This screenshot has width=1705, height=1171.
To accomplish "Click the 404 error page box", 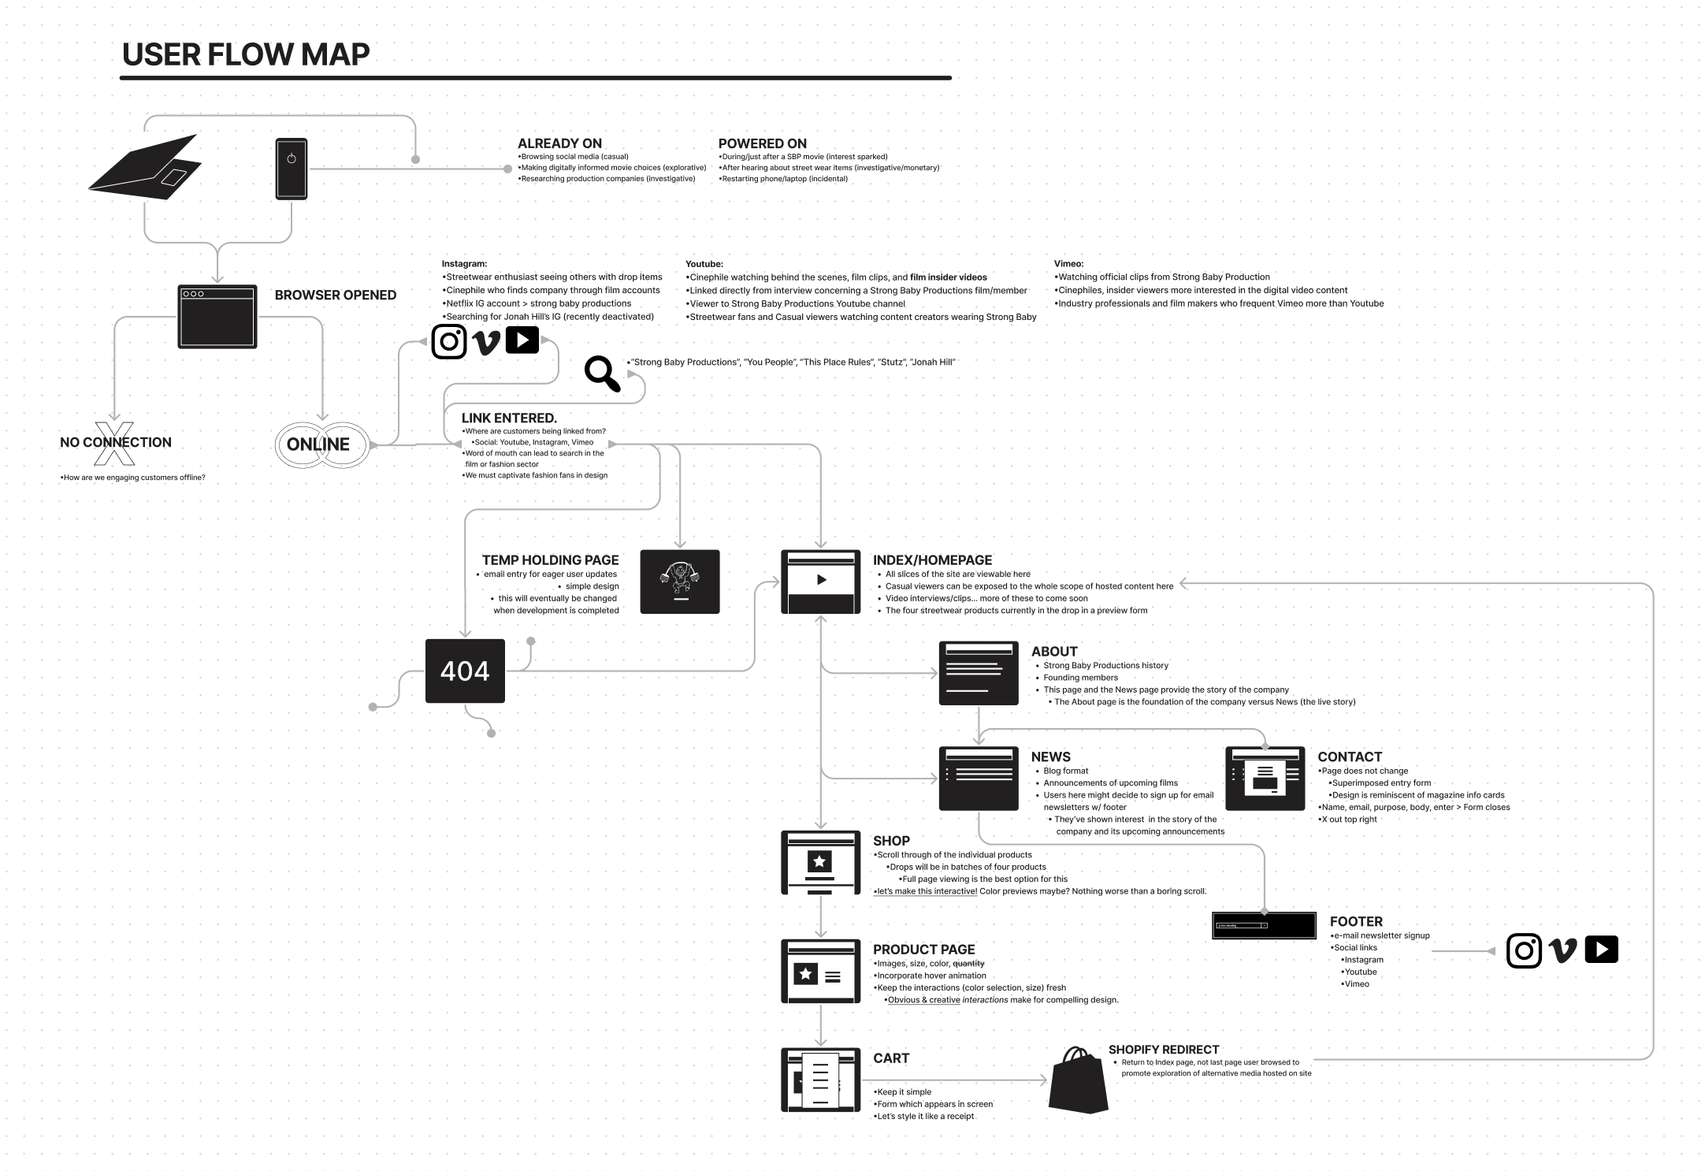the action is click(465, 671).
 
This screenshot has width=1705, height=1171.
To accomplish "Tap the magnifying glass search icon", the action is click(602, 373).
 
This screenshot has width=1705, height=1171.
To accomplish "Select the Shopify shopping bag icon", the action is click(1079, 1080).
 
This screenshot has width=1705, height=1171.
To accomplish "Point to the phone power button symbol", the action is click(292, 158).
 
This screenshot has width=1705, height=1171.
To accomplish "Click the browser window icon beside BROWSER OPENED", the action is click(217, 316).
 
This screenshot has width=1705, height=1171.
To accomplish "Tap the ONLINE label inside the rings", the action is click(318, 444).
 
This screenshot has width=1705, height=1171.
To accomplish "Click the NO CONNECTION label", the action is click(116, 442).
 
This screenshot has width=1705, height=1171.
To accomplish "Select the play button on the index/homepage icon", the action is click(821, 580).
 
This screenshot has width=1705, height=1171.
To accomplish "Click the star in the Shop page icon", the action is click(820, 860).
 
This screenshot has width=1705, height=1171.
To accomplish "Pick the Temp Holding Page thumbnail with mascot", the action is click(680, 582).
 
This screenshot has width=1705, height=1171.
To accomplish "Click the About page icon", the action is click(979, 673).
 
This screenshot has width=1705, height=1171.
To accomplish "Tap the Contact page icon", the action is click(1265, 779).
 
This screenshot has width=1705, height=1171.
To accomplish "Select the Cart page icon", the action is click(820, 1080).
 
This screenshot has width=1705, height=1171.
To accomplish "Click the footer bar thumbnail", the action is click(1264, 925).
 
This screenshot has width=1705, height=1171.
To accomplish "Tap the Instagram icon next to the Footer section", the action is click(1524, 950).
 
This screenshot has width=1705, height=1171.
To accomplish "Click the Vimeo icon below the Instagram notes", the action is click(486, 342).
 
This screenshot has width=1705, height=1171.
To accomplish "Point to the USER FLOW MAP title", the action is click(246, 54).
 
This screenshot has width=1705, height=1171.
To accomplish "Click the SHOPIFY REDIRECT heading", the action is click(1163, 1050).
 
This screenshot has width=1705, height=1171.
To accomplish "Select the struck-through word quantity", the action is click(968, 964).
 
